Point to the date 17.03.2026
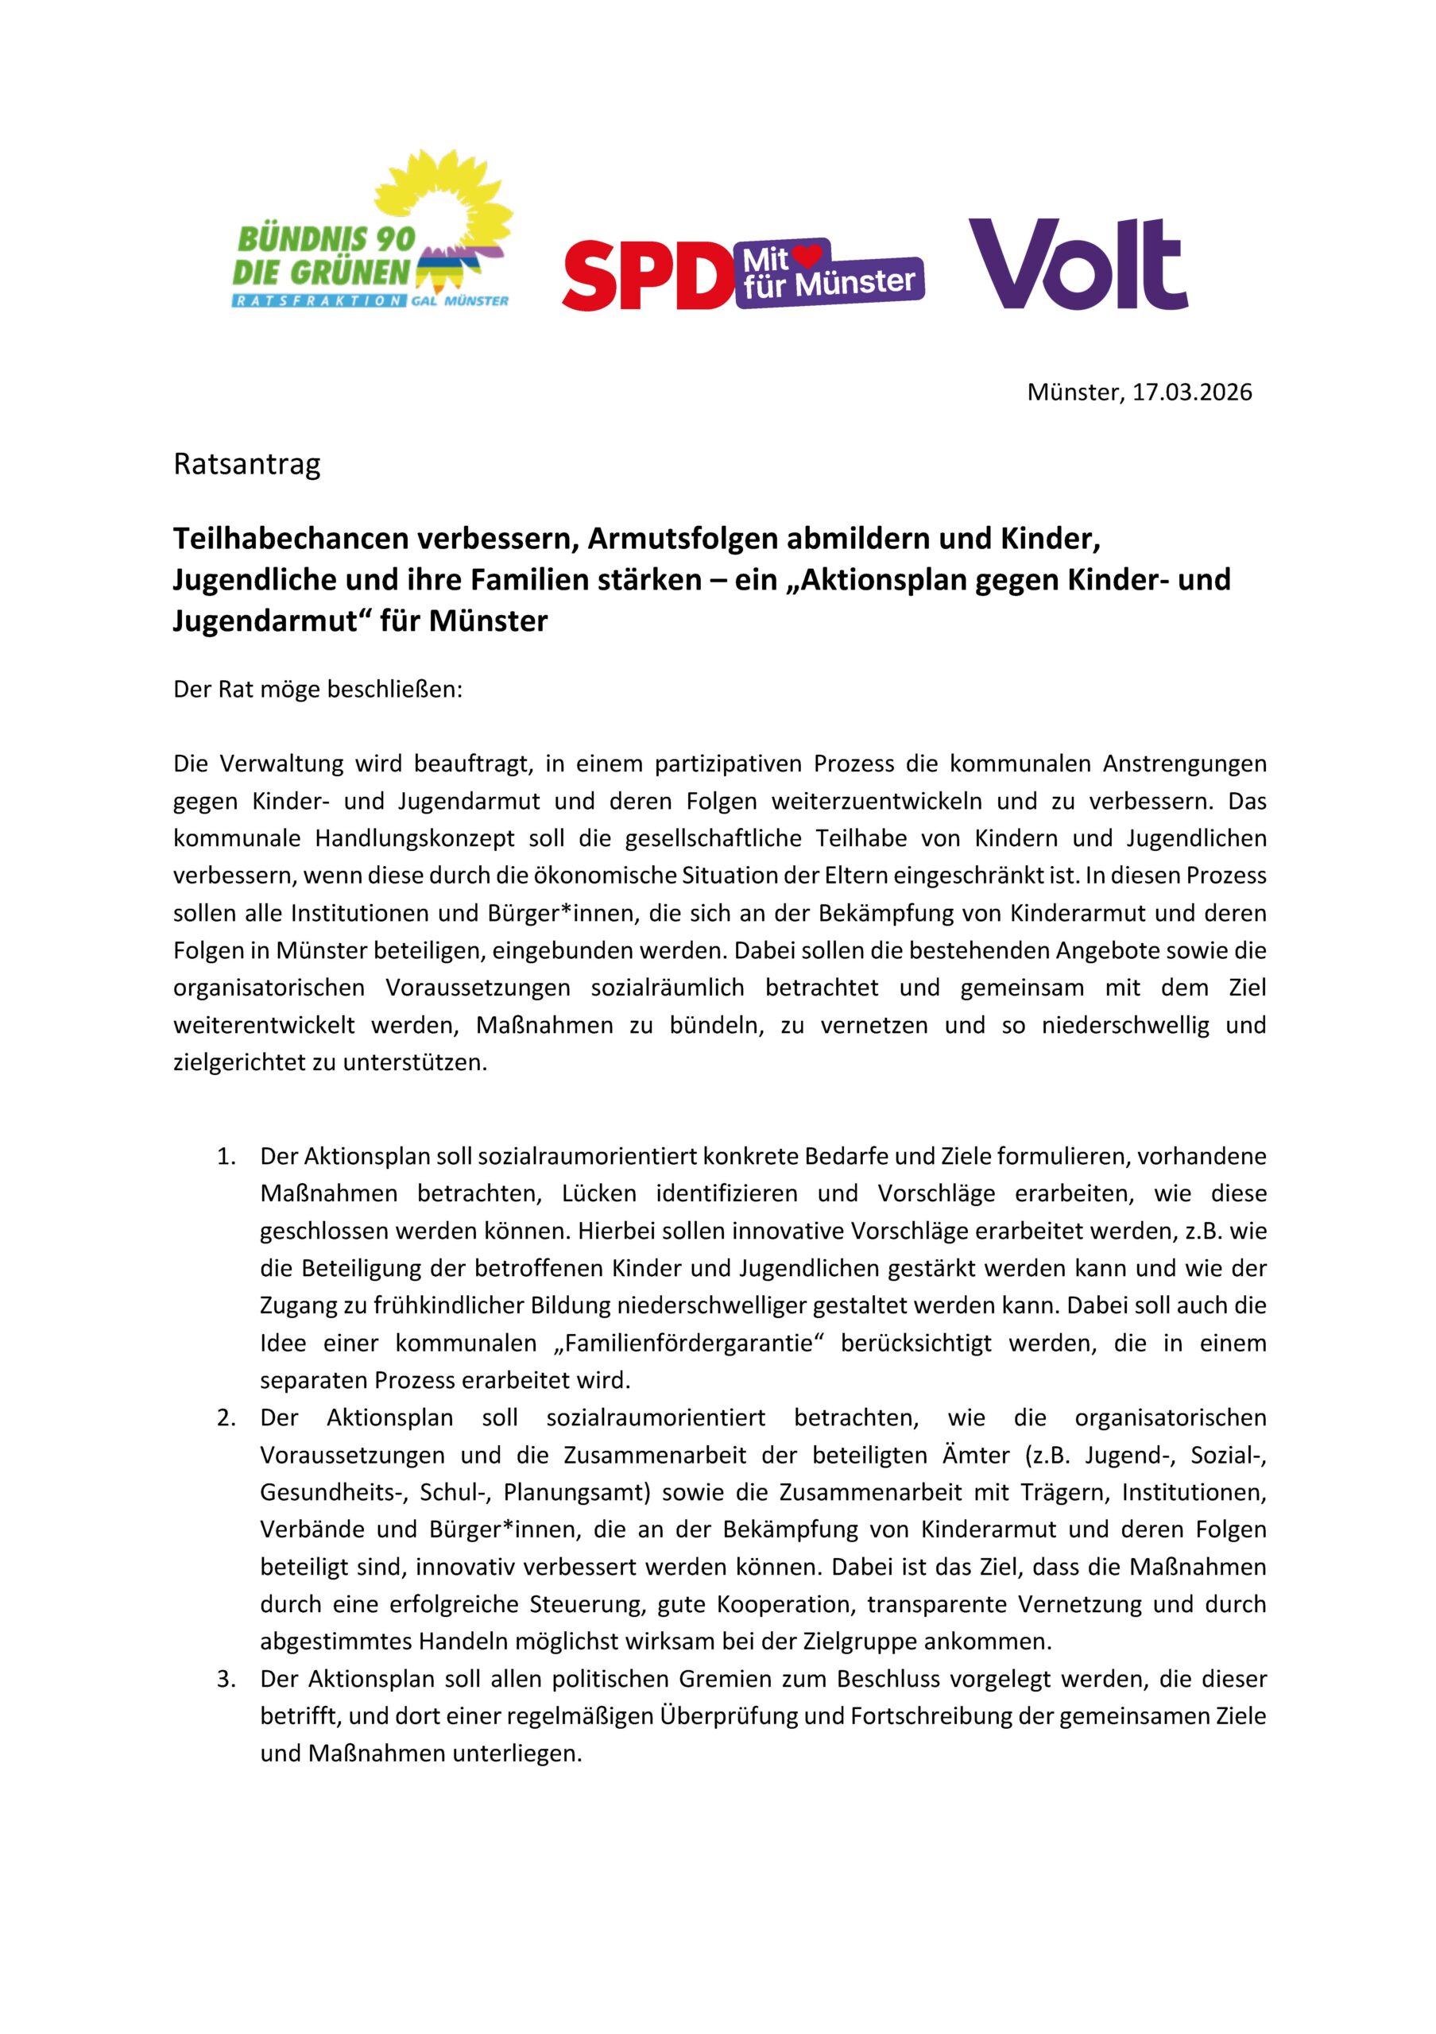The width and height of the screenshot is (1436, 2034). [1191, 392]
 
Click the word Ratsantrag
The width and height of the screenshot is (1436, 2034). [246, 464]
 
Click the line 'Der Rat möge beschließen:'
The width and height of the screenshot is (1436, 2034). [318, 689]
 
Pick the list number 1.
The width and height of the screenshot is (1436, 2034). [226, 1156]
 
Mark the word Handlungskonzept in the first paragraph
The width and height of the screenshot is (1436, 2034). [416, 838]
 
